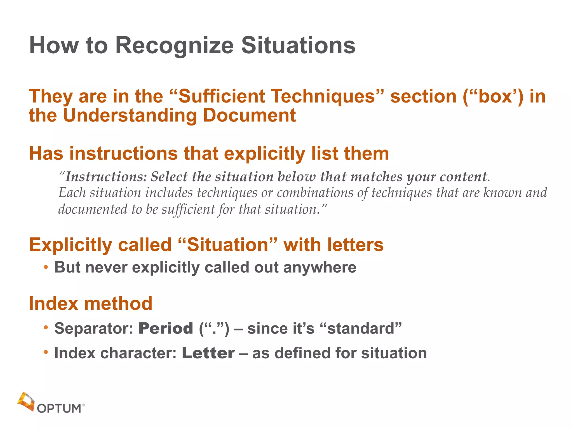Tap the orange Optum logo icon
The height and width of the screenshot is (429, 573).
pyautogui.click(x=26, y=401)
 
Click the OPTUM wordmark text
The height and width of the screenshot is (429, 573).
pyautogui.click(x=59, y=409)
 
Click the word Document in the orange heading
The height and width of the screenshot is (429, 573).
pyautogui.click(x=249, y=115)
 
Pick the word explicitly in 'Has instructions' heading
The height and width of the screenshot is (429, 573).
pyautogui.click(x=264, y=154)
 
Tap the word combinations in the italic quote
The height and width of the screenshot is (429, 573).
pyautogui.click(x=315, y=193)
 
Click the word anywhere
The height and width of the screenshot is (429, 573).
pyautogui.click(x=320, y=267)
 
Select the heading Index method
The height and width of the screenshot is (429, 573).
pyautogui.click(x=91, y=303)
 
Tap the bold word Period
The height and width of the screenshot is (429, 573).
pyautogui.click(x=166, y=328)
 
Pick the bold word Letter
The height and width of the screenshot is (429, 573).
pyautogui.click(x=208, y=353)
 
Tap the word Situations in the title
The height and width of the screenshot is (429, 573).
pyautogui.click(x=298, y=46)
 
